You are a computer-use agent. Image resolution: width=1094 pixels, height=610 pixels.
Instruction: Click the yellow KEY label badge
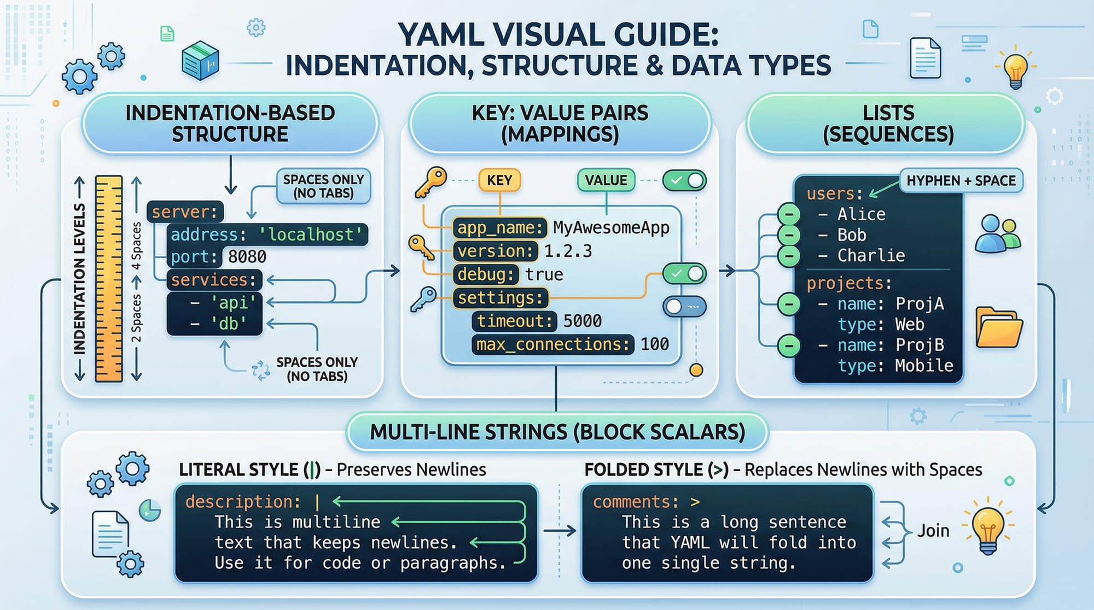(499, 180)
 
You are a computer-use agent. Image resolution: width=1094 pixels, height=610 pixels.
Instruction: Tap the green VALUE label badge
(606, 180)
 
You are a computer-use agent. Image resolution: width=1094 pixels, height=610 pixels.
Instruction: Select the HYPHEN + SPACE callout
(961, 181)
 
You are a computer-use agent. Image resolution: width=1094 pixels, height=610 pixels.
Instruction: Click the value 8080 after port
(247, 257)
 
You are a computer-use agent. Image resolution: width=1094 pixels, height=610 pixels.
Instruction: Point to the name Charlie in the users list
(871, 256)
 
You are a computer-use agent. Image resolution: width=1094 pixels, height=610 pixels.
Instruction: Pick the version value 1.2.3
(568, 251)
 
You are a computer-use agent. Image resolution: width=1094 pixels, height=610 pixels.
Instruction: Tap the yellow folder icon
(999, 328)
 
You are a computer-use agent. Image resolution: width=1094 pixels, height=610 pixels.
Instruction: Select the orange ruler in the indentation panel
(109, 278)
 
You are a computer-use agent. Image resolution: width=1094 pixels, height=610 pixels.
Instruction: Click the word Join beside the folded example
(933, 531)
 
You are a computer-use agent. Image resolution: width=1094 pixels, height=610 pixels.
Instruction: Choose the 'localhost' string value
(311, 235)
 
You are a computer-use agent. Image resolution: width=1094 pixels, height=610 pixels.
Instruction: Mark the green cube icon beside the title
(200, 61)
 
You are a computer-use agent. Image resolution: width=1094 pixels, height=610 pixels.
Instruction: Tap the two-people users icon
(998, 234)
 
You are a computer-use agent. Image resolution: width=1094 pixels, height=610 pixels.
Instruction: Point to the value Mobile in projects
(924, 366)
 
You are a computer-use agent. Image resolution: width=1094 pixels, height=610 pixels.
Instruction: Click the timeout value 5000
(583, 321)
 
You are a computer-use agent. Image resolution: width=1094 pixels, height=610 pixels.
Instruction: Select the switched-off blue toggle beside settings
(684, 307)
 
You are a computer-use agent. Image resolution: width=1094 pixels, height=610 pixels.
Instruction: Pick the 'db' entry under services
(229, 324)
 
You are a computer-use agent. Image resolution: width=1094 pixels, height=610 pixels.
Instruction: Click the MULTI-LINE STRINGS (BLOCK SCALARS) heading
(557, 432)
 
